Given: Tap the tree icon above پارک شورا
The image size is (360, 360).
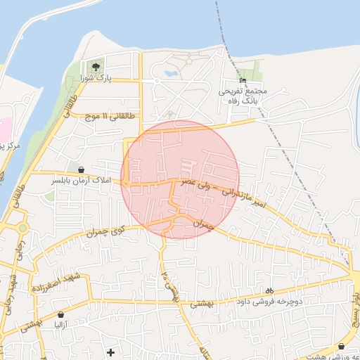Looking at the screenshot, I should coord(96,66).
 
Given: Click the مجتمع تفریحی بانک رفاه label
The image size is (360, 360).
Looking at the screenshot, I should coord(243,96).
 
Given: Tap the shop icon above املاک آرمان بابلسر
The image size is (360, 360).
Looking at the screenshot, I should coord(82,170).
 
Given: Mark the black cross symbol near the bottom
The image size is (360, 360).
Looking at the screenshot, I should coord(110,352).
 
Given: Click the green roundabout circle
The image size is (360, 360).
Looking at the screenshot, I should coord(22,228).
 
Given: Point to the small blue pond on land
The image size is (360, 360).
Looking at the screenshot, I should coord(169,72).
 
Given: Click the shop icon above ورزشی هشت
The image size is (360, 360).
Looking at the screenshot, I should coord(341,347).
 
